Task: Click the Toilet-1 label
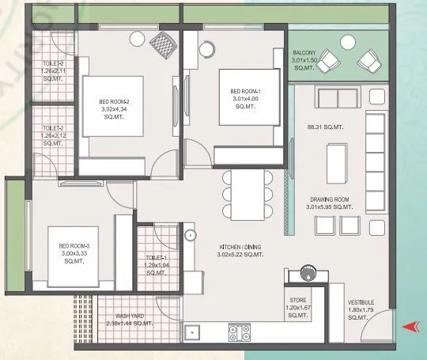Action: pos(157,265)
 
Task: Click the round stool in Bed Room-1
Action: pos(206,49)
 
